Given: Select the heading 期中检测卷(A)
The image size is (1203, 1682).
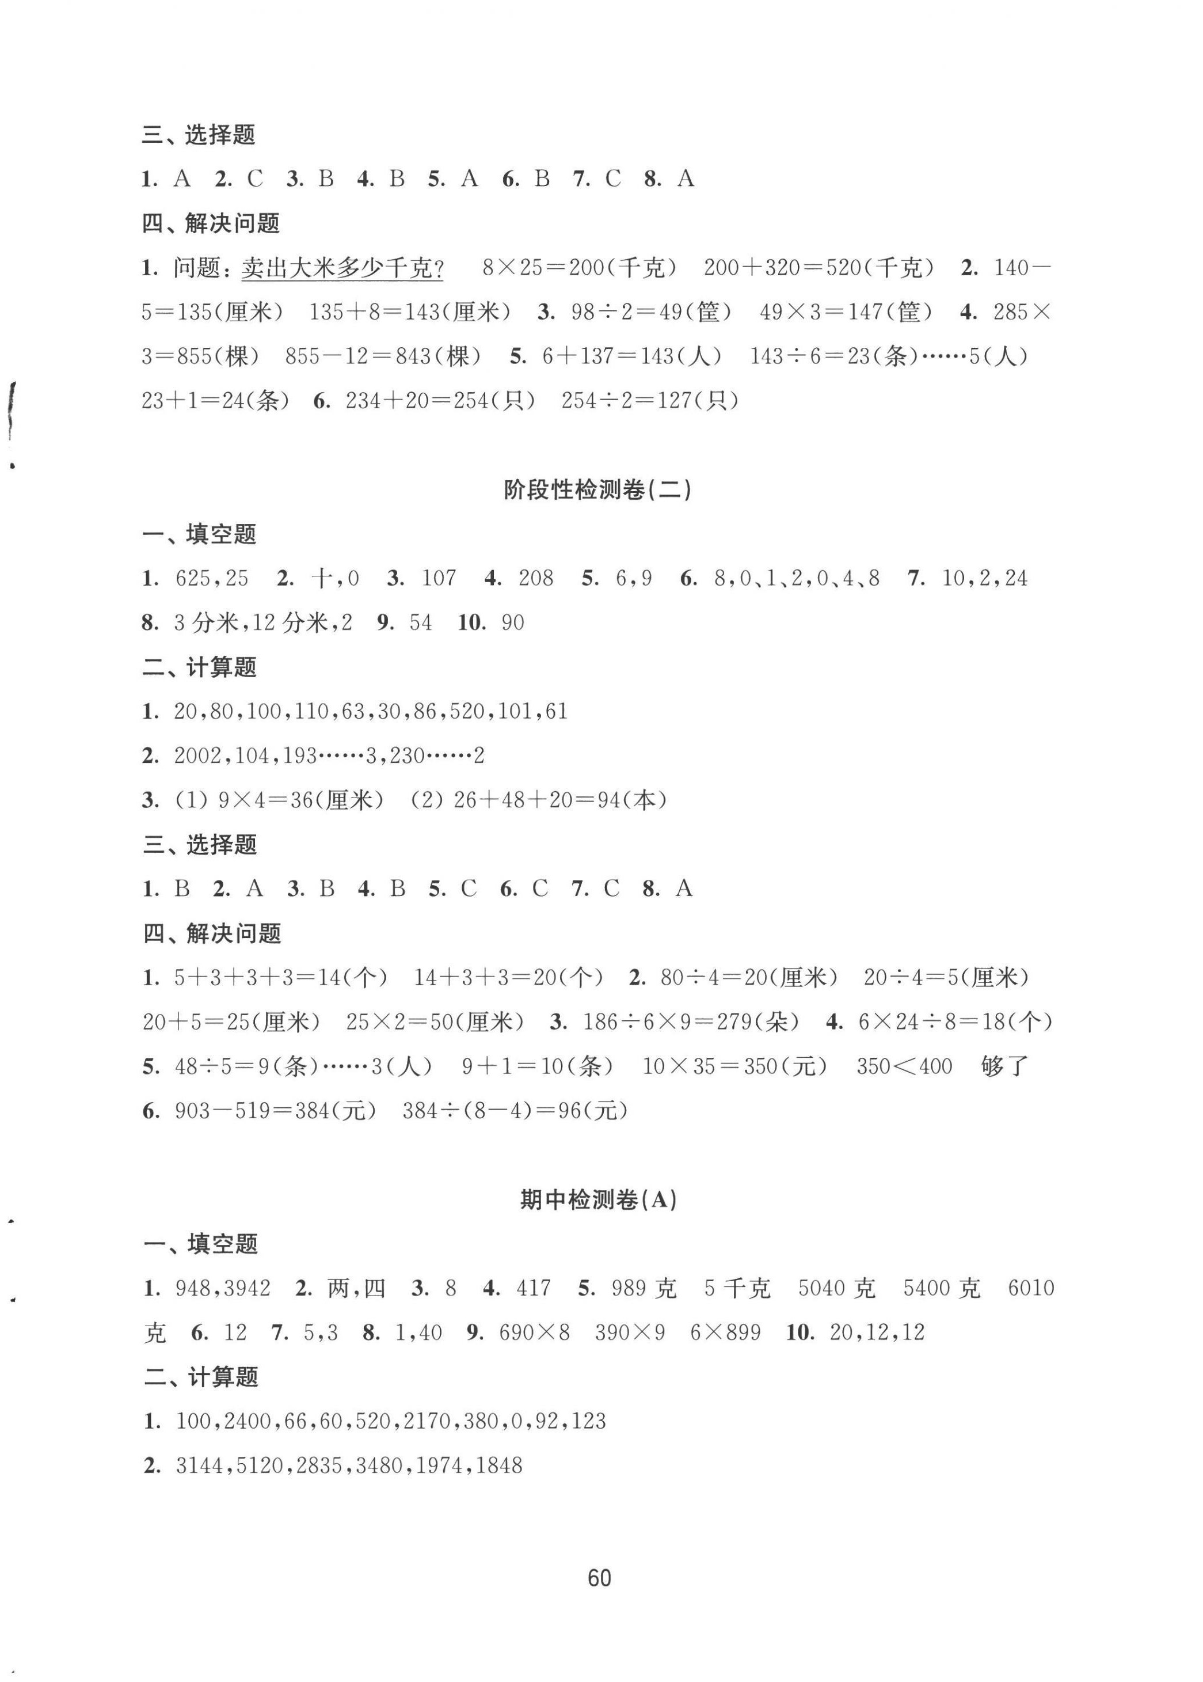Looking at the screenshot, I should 599,1199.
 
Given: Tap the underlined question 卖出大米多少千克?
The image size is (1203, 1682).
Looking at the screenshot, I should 342,268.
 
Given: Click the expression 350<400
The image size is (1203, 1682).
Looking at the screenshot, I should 904,1066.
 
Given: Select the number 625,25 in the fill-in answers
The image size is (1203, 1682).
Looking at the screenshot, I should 212,578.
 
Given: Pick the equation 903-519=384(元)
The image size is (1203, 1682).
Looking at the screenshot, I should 276,1111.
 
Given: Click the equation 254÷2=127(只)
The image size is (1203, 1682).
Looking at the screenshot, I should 650,401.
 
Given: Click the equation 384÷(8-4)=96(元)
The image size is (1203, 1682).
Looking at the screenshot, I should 515,1111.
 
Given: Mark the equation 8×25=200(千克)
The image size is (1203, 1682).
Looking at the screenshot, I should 578,268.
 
